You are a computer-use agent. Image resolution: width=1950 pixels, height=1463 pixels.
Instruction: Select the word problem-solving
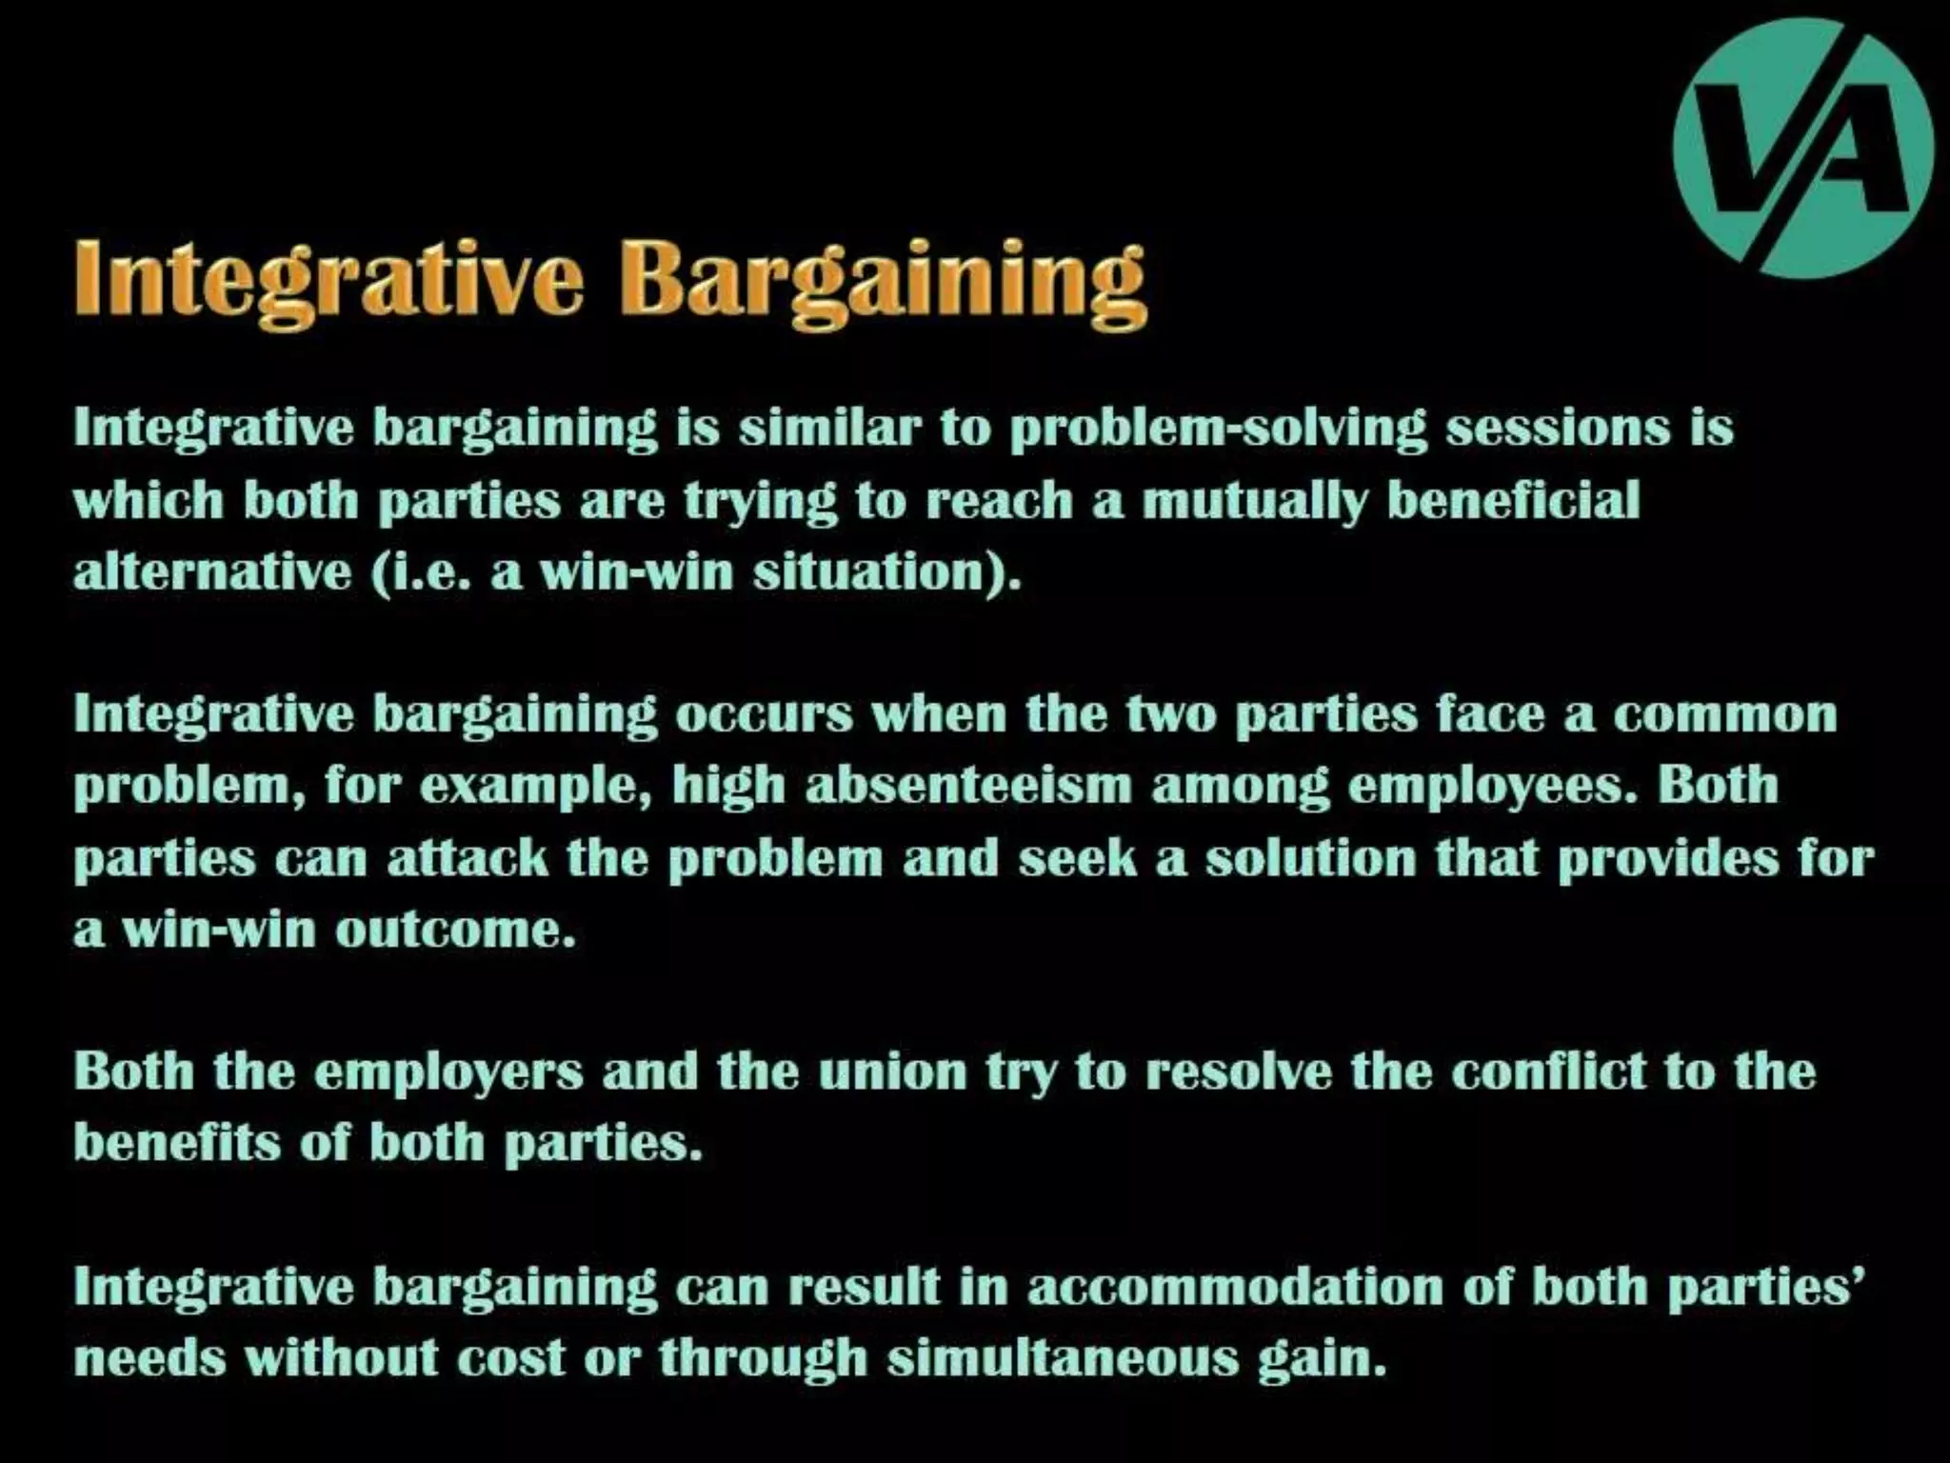1218,429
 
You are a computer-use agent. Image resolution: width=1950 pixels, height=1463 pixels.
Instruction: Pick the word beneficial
1513,500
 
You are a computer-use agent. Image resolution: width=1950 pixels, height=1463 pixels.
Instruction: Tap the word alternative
212,571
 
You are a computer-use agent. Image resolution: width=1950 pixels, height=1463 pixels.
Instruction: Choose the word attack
468,858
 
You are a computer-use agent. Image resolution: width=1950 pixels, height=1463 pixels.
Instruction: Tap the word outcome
455,930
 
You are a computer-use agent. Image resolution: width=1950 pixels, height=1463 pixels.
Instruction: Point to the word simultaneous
1063,1358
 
